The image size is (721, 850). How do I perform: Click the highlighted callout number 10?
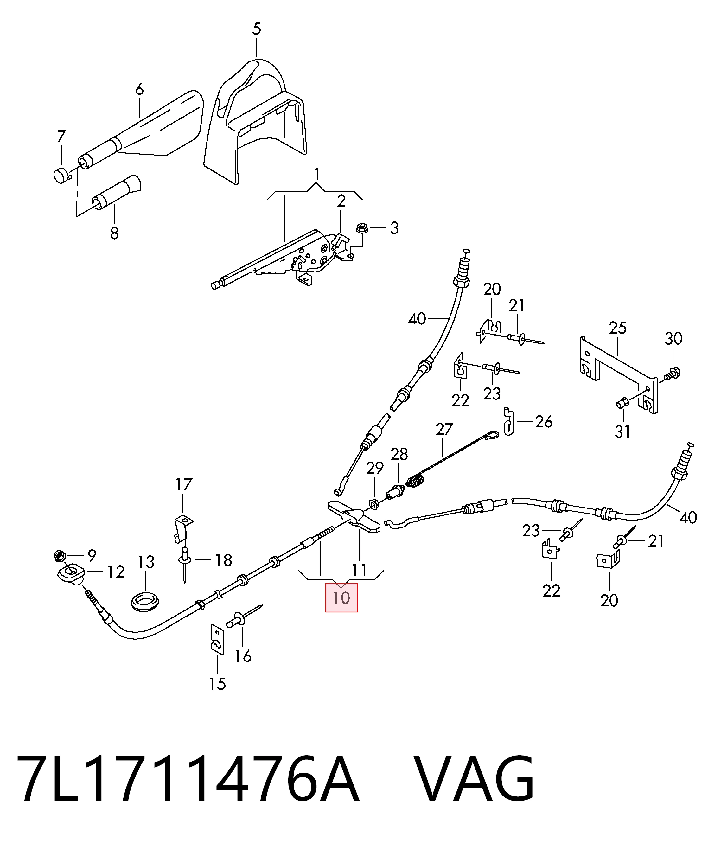click(341, 598)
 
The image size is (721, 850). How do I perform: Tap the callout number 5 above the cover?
click(257, 29)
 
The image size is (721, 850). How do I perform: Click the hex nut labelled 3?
click(361, 228)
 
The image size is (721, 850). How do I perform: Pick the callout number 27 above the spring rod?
click(444, 429)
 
